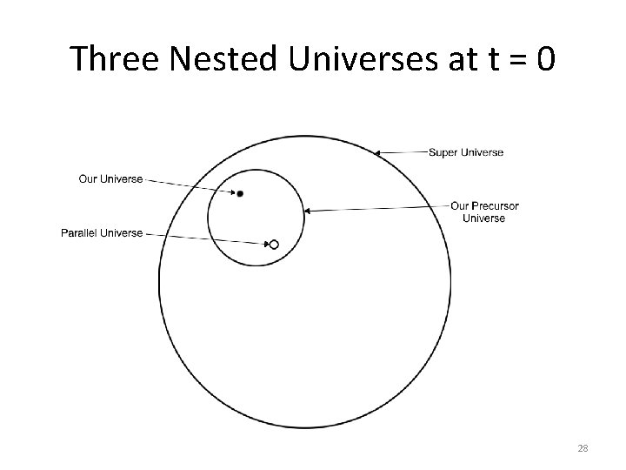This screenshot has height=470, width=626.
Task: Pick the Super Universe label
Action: point(465,152)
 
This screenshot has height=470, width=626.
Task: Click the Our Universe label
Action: point(110,179)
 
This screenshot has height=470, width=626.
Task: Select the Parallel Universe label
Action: point(102,233)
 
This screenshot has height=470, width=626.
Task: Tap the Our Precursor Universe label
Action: point(484,211)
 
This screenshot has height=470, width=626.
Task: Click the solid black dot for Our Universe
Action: point(240,193)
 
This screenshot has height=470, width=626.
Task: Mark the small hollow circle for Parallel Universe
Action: point(274,245)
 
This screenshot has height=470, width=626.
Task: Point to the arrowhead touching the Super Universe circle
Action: point(376,153)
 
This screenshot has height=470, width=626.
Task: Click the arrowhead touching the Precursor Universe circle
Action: point(308,210)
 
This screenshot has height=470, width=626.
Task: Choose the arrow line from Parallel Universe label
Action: point(204,238)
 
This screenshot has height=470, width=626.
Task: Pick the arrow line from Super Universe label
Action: point(402,153)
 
